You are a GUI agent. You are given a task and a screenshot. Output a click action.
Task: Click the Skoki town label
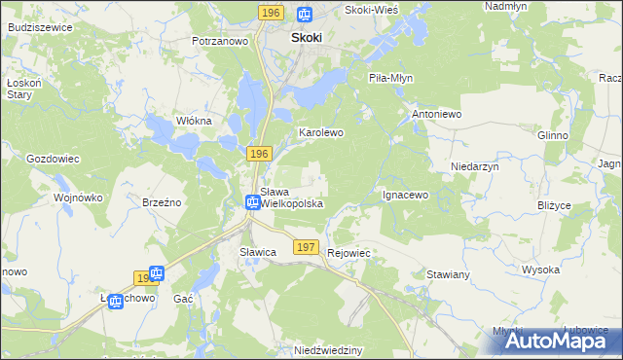tap(307, 37)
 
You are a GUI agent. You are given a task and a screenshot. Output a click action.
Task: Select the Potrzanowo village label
tap(221, 42)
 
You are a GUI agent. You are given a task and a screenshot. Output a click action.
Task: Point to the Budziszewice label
tap(39, 27)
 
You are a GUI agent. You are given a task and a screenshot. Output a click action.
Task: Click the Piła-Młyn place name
tap(392, 77)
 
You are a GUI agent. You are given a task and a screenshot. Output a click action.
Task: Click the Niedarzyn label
tap(475, 166)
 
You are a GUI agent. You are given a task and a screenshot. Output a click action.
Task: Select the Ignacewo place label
tap(406, 195)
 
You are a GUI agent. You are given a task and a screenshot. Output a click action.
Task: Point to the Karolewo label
tap(320, 131)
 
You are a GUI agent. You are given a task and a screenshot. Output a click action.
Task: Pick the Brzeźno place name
tap(163, 202)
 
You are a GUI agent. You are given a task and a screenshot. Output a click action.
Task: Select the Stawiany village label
tap(449, 275)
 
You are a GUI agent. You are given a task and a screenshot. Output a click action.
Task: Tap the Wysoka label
tap(540, 270)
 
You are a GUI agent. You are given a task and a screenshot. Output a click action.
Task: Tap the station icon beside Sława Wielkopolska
tap(252, 202)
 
